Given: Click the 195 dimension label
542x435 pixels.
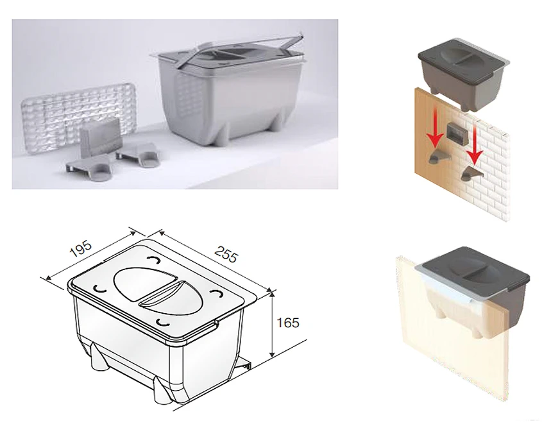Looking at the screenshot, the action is click(x=81, y=248).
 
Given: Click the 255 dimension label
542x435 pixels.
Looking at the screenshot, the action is click(x=226, y=254).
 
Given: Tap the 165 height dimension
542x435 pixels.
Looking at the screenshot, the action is click(x=288, y=323).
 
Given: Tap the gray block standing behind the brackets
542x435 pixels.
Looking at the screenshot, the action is click(x=101, y=135).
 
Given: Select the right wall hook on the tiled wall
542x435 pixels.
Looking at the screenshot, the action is click(x=470, y=172).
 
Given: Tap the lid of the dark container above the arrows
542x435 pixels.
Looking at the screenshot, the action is click(x=463, y=55).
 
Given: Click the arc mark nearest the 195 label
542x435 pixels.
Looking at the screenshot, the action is click(x=152, y=259).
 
